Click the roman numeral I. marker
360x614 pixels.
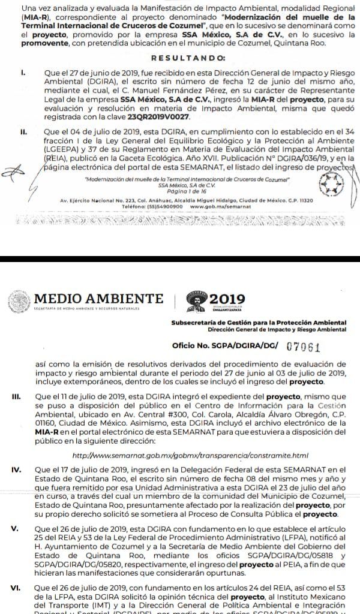coord(22,71)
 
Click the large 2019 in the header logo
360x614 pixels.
coord(238,298)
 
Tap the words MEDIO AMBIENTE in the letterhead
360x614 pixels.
coord(99,298)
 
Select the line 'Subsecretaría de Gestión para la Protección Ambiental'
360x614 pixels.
coord(259,323)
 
